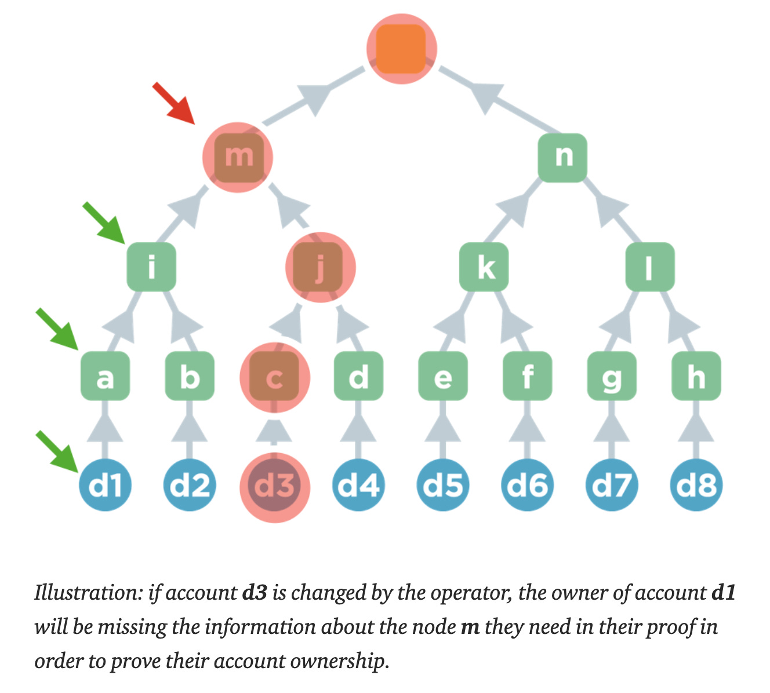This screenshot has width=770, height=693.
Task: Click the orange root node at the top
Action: [x=401, y=49]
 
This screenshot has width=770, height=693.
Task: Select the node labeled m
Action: [x=238, y=157]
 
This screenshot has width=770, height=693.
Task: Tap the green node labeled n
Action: [x=562, y=157]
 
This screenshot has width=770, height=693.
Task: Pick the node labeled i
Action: [x=151, y=267]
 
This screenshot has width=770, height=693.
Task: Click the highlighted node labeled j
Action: [x=320, y=267]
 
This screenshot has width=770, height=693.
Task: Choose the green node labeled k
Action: [x=484, y=267]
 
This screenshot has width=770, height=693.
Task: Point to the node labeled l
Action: [x=649, y=267]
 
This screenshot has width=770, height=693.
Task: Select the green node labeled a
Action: [x=105, y=377]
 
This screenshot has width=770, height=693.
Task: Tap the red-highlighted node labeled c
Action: [x=275, y=377]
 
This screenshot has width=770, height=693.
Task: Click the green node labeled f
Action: [x=527, y=377]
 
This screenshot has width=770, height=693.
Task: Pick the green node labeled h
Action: [x=696, y=377]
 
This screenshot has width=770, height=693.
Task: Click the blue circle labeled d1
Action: [x=105, y=485]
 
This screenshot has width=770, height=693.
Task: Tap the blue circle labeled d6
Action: [x=527, y=485]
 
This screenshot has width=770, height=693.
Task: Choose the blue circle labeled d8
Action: [x=696, y=485]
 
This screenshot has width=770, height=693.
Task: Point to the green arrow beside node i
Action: [x=104, y=221]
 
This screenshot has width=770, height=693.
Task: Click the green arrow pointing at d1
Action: [x=57, y=449]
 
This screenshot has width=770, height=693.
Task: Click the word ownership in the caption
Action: [x=337, y=661]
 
